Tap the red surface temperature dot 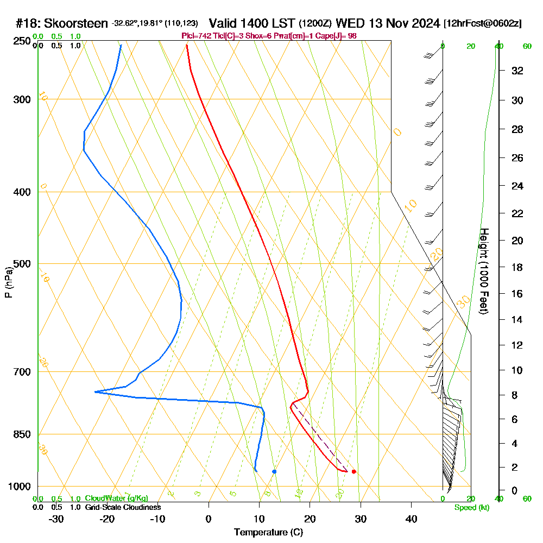coord(353,471)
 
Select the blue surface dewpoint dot coord(274,471)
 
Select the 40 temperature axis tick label coord(411,519)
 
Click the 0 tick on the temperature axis coord(209,519)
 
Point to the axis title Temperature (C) coord(268,532)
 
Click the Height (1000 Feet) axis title coord(483,270)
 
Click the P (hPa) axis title coord(8,282)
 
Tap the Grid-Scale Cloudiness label coord(123,507)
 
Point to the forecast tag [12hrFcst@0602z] coord(482,23)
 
